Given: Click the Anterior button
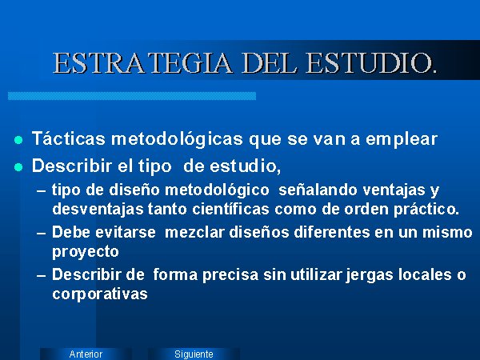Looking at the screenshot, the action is click(86, 354).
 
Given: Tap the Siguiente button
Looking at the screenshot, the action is click(194, 354).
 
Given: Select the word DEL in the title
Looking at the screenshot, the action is click(270, 63).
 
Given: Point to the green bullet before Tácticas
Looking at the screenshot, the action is click(18, 140).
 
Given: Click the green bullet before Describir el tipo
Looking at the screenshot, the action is click(18, 167).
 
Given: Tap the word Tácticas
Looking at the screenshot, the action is click(69, 138).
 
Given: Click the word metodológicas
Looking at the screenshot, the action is click(178, 139).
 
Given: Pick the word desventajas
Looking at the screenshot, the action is click(98, 210).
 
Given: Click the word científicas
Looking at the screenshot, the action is click(231, 209).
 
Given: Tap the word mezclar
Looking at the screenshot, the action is click(194, 232).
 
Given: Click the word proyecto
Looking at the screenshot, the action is click(86, 252).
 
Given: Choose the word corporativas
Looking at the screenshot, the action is click(100, 294).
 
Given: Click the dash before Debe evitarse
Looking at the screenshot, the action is click(42, 234).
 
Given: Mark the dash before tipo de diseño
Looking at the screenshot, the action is click(42, 191).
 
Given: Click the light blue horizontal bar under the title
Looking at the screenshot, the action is click(132, 96).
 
